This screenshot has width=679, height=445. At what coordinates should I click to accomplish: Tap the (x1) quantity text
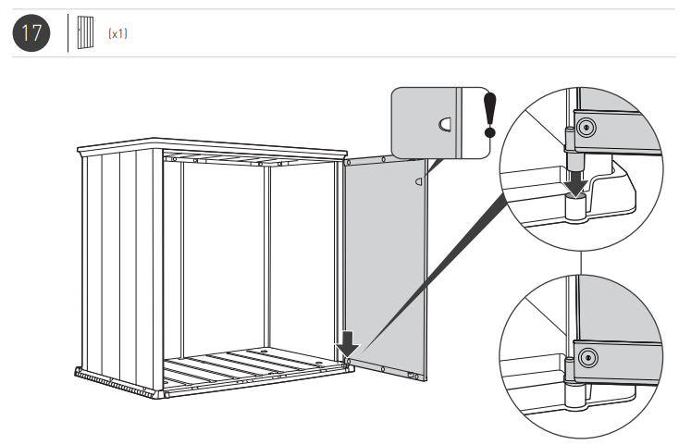(x=117, y=33)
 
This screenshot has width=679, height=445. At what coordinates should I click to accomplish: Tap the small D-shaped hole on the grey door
(x=418, y=182)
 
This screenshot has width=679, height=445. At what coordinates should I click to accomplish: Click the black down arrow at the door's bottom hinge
(x=347, y=343)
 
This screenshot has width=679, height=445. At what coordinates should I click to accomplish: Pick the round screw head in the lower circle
(x=589, y=355)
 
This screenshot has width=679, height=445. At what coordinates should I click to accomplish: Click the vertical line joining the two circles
(x=580, y=263)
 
